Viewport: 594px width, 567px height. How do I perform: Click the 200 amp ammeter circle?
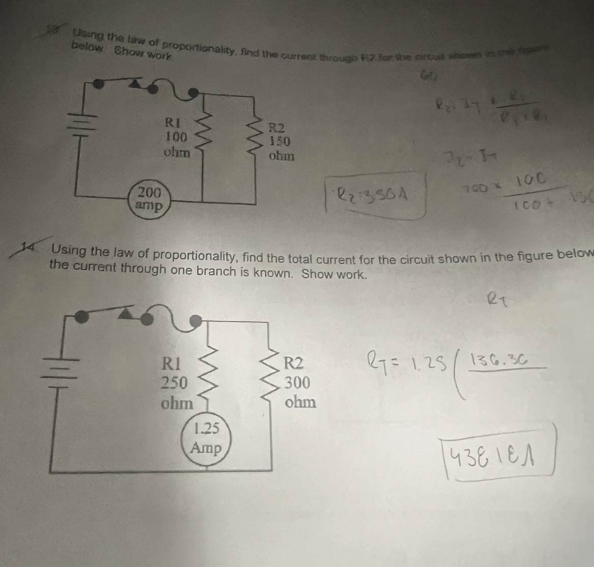pyautogui.click(x=149, y=199)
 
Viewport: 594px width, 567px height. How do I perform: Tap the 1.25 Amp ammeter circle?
pyautogui.click(x=206, y=440)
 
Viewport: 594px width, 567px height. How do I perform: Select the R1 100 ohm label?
pyautogui.click(x=177, y=137)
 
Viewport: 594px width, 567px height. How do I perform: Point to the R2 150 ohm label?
pyautogui.click(x=280, y=141)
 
